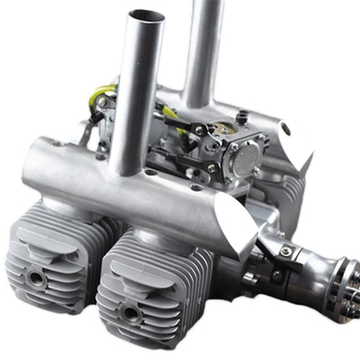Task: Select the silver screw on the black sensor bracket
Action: point(286,251)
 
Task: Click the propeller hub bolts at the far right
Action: point(350,288)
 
